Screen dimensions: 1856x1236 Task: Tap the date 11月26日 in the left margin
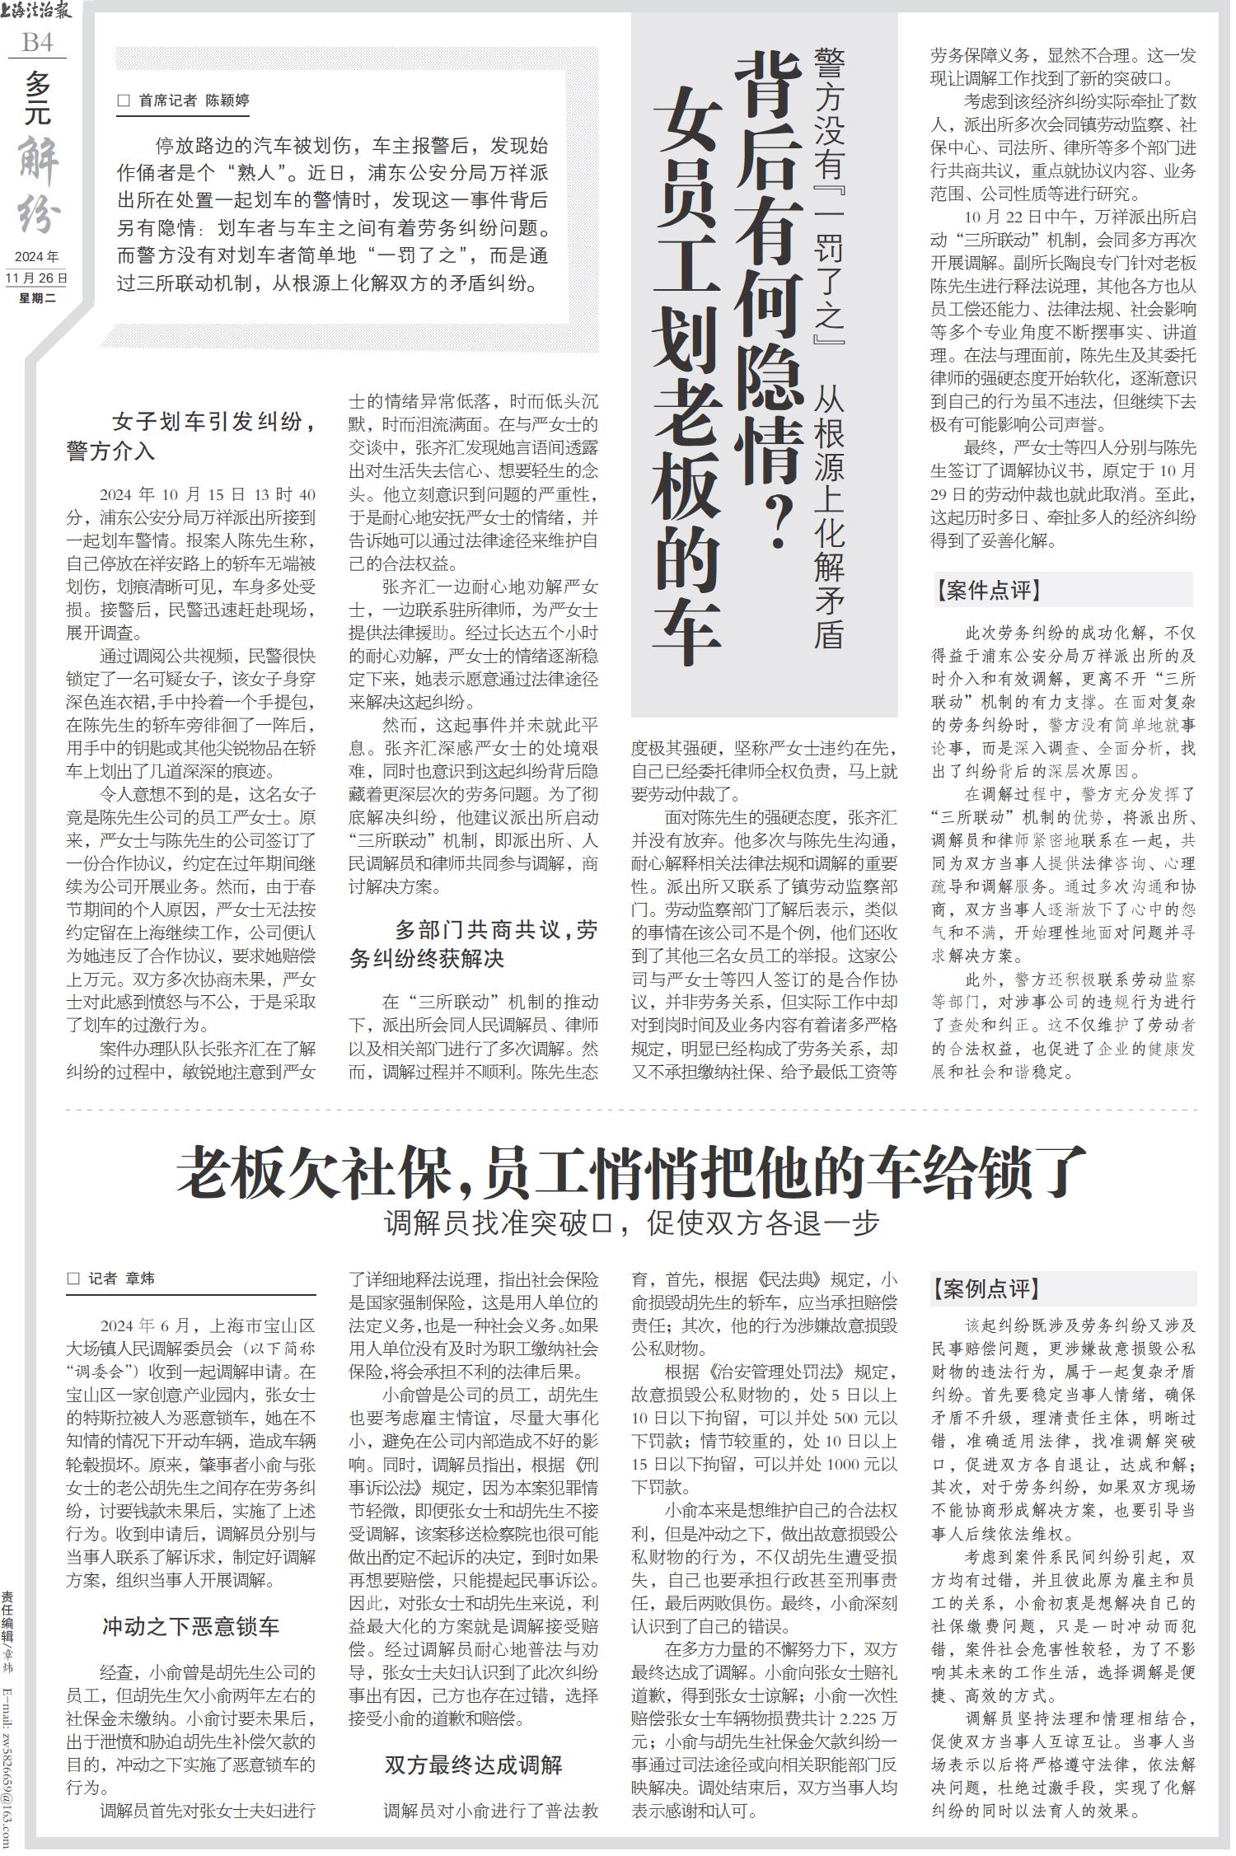click(37, 278)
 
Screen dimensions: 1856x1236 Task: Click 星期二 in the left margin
click(37, 298)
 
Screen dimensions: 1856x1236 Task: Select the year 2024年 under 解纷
click(37, 256)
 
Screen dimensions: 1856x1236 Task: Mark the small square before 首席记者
click(124, 101)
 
